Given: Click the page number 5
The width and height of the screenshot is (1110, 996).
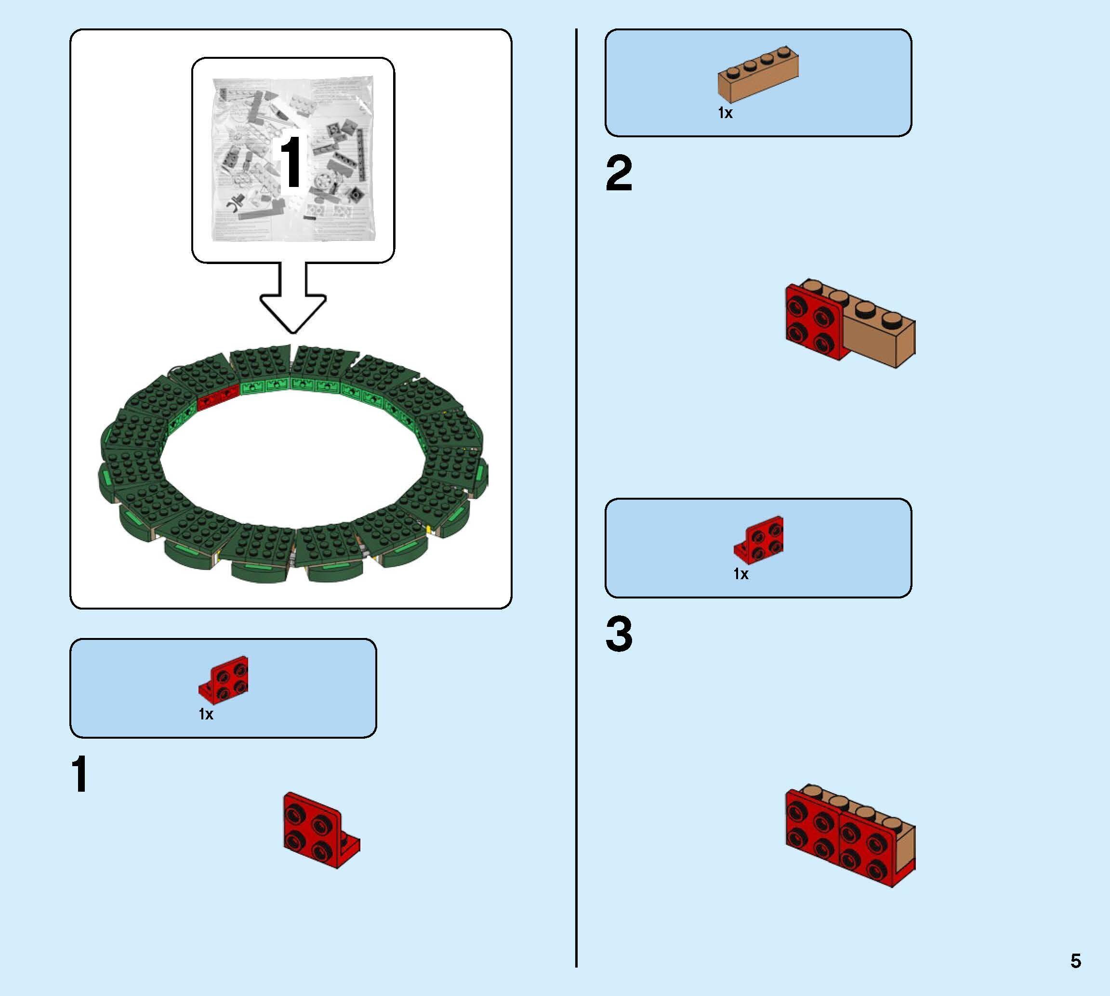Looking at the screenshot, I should point(1075,960).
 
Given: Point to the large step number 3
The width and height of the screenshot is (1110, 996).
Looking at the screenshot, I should point(619,634).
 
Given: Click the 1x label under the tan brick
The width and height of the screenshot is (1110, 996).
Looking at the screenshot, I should point(725,113).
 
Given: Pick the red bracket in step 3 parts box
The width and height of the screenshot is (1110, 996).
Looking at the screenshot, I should point(760,539).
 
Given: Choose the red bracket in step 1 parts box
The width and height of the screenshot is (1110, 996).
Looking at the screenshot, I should point(225,679).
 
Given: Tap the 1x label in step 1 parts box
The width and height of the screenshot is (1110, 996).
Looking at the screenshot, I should point(206,714).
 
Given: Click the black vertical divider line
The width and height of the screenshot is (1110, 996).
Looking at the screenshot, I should point(576,492).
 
